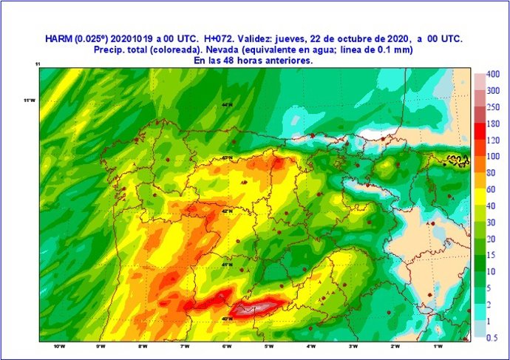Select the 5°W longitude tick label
tap(269, 346)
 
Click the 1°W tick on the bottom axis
tap(438, 346)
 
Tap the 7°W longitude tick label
tap(185, 346)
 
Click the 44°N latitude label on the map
tap(227, 105)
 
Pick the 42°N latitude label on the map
tap(227, 211)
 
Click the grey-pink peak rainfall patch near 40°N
tap(259, 307)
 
